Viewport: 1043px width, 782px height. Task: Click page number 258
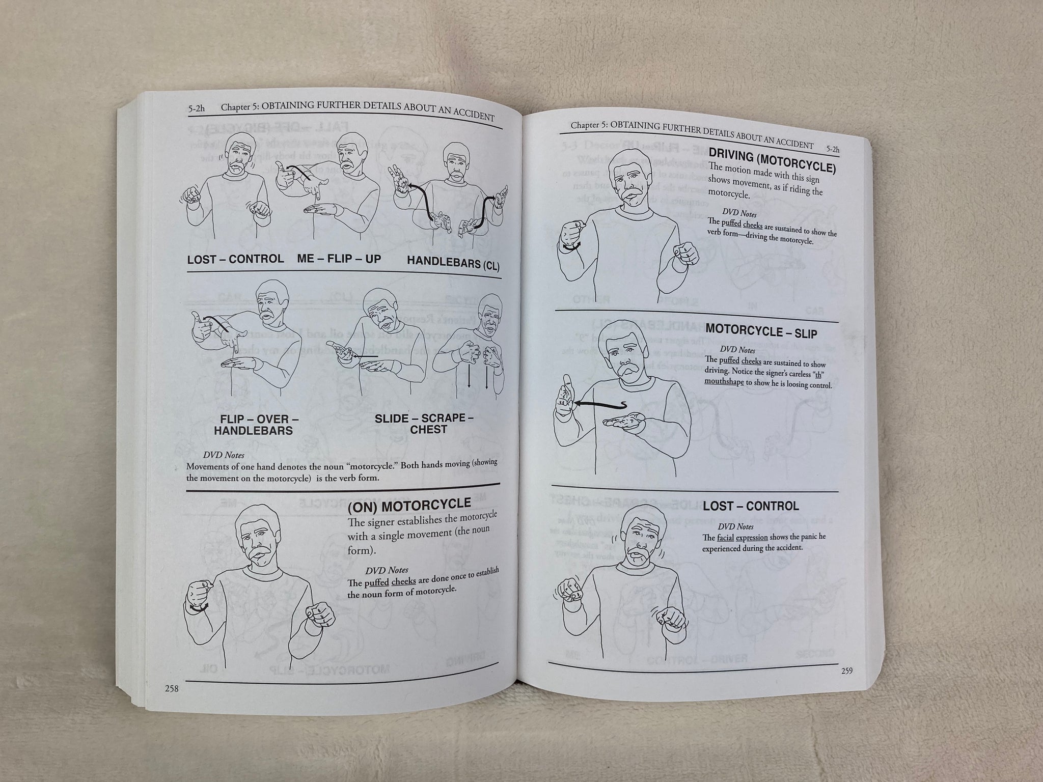click(171, 688)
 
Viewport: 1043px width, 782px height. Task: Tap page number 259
click(846, 671)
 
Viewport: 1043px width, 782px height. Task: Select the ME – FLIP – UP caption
click(339, 259)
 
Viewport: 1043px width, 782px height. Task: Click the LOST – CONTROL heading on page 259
click(751, 506)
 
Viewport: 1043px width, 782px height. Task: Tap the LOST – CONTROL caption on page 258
click(235, 259)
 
